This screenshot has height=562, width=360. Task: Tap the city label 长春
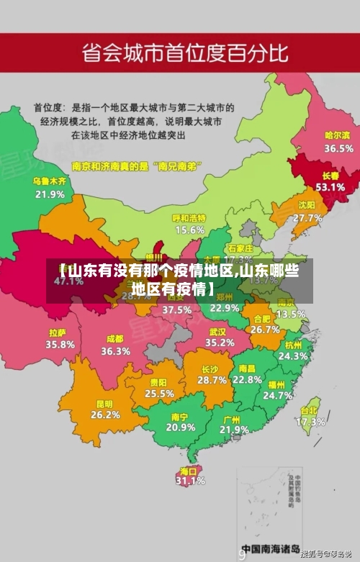pyautogui.click(x=330, y=175)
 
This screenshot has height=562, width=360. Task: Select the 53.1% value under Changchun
pyautogui.click(x=330, y=186)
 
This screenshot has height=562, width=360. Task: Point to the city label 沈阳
pyautogui.click(x=307, y=205)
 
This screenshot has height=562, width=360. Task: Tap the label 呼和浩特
pyautogui.click(x=189, y=218)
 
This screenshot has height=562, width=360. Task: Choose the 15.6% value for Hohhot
pyautogui.click(x=189, y=230)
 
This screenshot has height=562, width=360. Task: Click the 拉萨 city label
pyautogui.click(x=58, y=332)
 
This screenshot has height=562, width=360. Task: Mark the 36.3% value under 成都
pyautogui.click(x=115, y=351)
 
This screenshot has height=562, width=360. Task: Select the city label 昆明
pyautogui.click(x=105, y=403)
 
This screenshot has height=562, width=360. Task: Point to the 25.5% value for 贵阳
pyautogui.click(x=159, y=394)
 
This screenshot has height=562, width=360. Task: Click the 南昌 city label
pyautogui.click(x=247, y=368)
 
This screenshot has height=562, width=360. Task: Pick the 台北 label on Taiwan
pyautogui.click(x=310, y=411)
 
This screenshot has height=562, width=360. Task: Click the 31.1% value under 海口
pyautogui.click(x=191, y=481)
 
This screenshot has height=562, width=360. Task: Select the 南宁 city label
pyautogui.click(x=180, y=416)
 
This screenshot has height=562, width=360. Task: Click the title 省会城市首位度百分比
pyautogui.click(x=185, y=53)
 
